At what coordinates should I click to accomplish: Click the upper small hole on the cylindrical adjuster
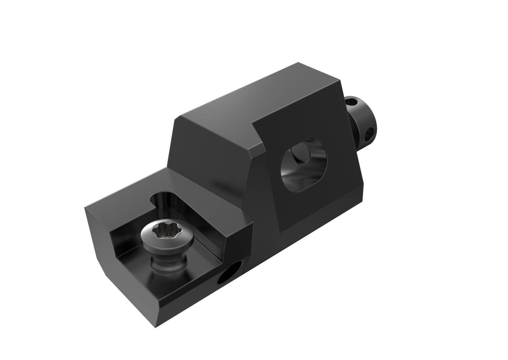tap(352, 103)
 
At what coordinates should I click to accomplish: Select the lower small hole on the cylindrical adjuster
tap(369, 134)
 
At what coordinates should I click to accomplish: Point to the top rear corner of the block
tap(298, 63)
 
